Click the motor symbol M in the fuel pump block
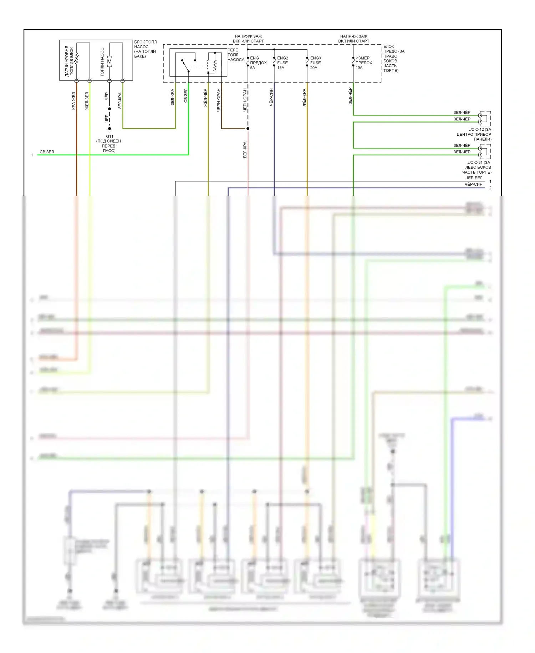pos(109,61)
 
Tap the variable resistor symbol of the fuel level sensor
pos(77,59)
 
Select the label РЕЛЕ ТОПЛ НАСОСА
pos(236,55)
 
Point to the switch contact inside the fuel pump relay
pos(185,65)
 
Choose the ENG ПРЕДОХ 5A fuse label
pos(258,63)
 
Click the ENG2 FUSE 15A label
pos(282,63)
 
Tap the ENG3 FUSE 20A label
pos(315,63)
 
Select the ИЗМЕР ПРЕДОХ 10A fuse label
pos(363,63)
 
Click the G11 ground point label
pos(109,143)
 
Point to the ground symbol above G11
pos(109,129)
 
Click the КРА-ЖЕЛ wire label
pos(74,101)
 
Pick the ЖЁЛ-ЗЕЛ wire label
pos(87,101)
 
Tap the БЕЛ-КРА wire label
pos(245,150)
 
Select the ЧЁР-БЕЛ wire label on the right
pos(474,178)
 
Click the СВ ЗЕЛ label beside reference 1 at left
pos(47,152)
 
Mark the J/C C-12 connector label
pos(474,134)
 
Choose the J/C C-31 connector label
pos(477,167)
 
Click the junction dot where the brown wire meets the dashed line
pos(248,129)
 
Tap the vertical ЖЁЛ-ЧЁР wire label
pos(205,98)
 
